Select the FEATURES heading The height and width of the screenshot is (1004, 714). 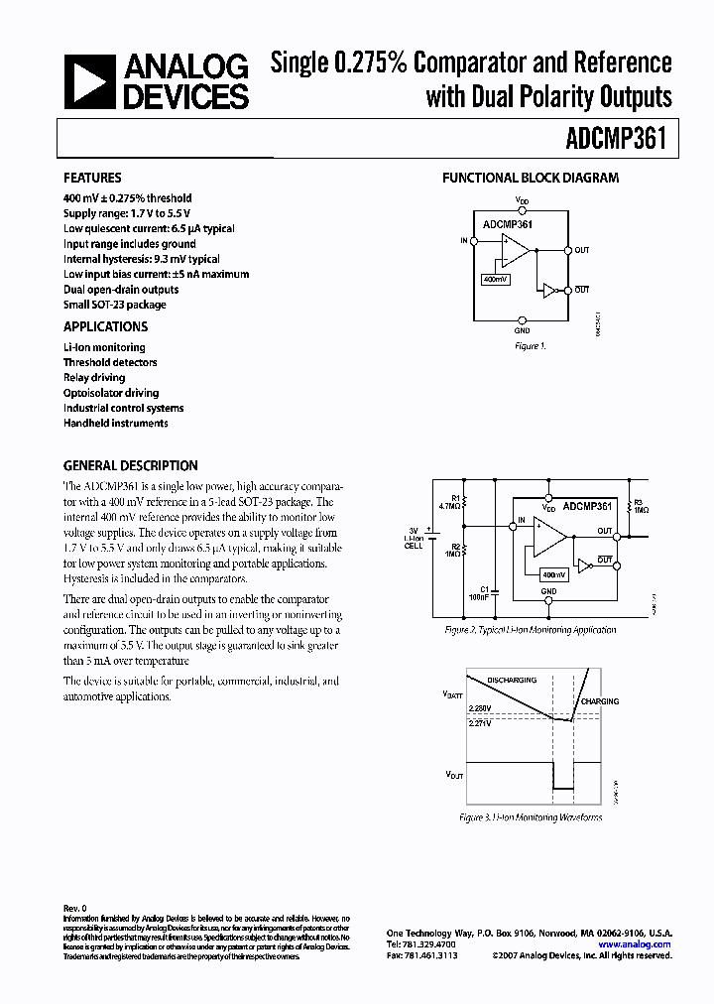point(92,179)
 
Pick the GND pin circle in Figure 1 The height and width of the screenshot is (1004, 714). point(523,318)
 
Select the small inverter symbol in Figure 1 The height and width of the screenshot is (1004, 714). point(547,290)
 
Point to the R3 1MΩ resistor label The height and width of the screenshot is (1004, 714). point(640,505)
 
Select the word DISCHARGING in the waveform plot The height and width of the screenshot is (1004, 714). point(512,680)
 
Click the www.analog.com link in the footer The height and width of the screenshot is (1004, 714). point(635,944)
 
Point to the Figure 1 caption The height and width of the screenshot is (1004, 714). point(530,346)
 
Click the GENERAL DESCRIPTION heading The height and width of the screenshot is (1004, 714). point(130,465)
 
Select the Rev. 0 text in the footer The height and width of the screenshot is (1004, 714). point(76,908)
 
